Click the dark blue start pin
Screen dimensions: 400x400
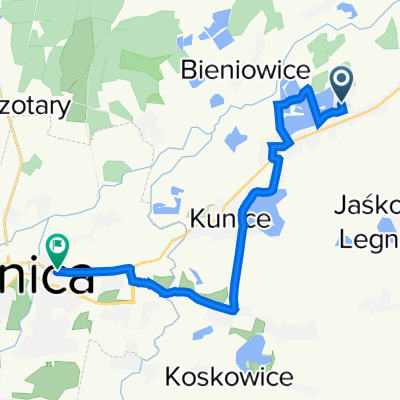point(341,83)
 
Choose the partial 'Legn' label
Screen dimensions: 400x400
point(370,239)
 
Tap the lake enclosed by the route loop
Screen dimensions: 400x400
point(297,118)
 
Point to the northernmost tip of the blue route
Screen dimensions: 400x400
point(304,90)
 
